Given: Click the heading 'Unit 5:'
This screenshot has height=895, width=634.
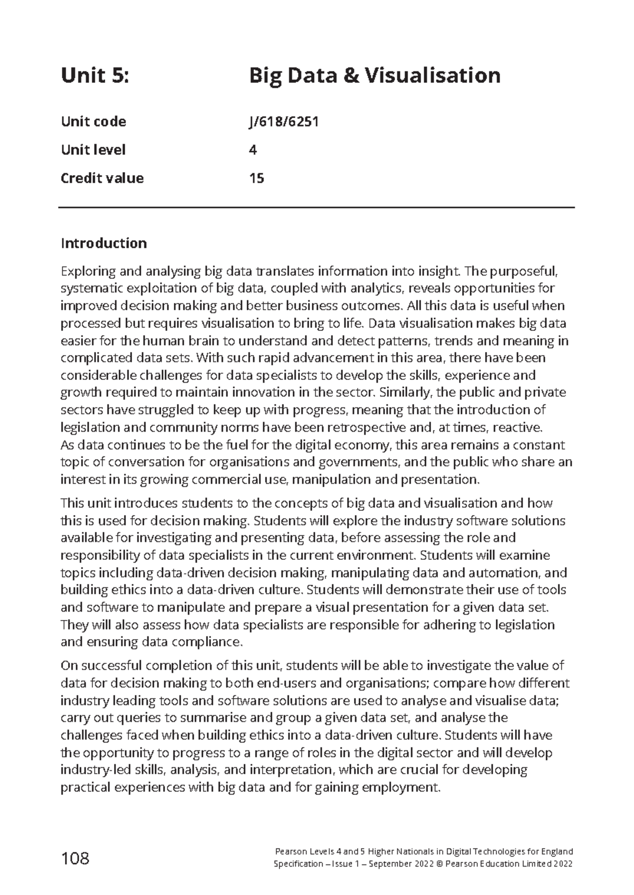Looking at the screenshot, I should coord(95,76).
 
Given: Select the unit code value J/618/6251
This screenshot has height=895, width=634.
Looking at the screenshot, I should coord(284,122).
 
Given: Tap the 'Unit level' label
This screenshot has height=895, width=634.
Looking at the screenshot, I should coord(93,150).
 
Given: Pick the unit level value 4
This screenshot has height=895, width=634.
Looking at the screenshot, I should coord(253,150).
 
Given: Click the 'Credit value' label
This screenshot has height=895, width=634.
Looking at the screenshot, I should coord(102,178).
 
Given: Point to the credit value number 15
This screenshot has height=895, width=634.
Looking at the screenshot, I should coord(256,178).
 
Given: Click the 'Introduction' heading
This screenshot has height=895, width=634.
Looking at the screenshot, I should coord(104,243).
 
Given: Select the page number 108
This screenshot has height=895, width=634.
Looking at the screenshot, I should coord(75,859).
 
